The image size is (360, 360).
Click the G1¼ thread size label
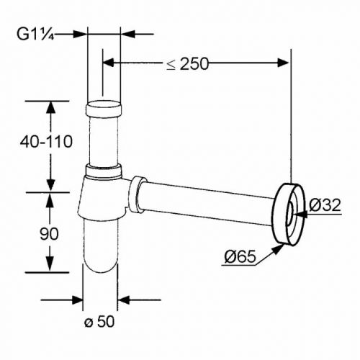pyautogui.click(x=35, y=35)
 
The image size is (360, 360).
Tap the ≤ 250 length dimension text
pyautogui.click(x=188, y=64)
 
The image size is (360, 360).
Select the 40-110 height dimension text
pyautogui.click(x=46, y=142)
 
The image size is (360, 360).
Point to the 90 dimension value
pyautogui.click(x=49, y=233)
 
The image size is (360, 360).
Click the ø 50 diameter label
pyautogui.click(x=99, y=321)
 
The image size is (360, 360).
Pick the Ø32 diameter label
pyautogui.click(x=325, y=205)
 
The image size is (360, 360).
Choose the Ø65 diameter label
pyautogui.click(x=240, y=257)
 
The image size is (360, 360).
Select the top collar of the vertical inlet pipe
pyautogui.click(x=104, y=109)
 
